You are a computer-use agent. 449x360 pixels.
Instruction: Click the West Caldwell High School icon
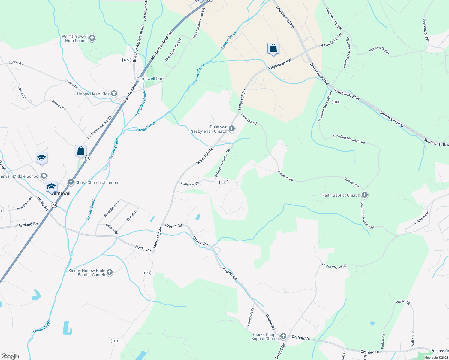(x=92, y=38)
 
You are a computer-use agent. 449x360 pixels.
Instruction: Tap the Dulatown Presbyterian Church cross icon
(x=231, y=129)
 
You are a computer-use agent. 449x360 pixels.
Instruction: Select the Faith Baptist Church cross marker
(x=364, y=195)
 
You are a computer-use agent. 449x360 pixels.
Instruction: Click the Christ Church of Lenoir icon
(x=71, y=182)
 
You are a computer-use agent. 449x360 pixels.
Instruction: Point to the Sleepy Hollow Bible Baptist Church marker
(x=110, y=272)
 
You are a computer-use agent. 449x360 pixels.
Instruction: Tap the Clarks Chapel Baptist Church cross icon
(x=283, y=337)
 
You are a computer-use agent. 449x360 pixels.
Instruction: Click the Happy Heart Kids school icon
(x=114, y=94)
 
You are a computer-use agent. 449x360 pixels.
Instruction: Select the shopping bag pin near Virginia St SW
(x=273, y=49)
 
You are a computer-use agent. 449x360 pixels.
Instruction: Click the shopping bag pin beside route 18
(x=80, y=151)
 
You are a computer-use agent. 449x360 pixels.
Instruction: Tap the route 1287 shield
(x=223, y=182)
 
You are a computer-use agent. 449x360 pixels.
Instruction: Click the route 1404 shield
(x=127, y=60)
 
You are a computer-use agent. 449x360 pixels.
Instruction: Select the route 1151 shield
(x=336, y=102)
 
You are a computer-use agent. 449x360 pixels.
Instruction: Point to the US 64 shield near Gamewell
(x=54, y=205)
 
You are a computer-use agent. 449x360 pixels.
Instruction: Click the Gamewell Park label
(x=150, y=79)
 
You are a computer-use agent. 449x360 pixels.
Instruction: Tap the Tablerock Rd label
(x=190, y=184)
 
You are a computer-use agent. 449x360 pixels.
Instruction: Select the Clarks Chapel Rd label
(x=334, y=266)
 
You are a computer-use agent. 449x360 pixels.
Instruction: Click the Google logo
(x=10, y=356)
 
